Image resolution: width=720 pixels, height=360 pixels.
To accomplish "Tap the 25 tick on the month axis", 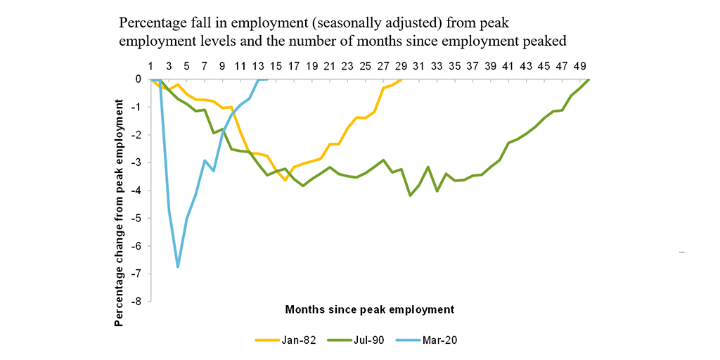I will (x=365, y=66).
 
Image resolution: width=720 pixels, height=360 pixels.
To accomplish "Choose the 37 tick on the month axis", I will (x=472, y=66).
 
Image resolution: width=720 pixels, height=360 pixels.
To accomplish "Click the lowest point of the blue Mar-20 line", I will (x=178, y=267).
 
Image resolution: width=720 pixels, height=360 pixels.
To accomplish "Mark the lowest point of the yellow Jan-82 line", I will (x=285, y=180).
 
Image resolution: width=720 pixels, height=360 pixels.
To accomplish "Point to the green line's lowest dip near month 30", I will (x=410, y=195).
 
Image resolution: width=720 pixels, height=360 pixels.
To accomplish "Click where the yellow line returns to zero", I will (x=401, y=79).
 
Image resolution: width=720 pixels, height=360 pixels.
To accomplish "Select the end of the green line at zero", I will (x=589, y=79).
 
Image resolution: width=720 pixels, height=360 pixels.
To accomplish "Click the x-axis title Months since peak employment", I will (x=369, y=309).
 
